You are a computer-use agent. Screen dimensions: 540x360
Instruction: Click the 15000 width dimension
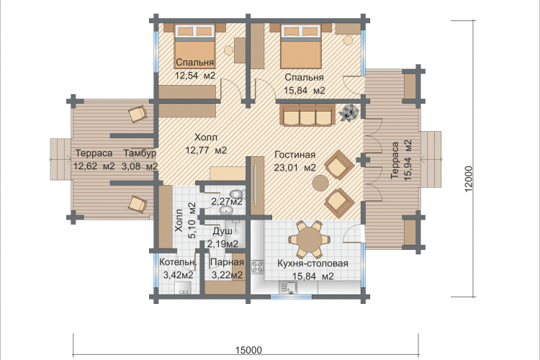click(x=248, y=350)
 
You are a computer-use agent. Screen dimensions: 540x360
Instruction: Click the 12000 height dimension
click(x=469, y=179)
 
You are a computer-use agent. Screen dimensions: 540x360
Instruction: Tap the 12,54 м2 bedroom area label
click(x=195, y=76)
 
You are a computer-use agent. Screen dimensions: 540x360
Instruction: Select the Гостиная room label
click(x=294, y=155)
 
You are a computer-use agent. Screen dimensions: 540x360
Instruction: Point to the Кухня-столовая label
click(x=312, y=264)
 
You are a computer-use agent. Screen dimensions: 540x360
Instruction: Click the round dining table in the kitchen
click(x=310, y=240)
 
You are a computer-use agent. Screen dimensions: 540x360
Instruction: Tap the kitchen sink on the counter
click(x=288, y=288)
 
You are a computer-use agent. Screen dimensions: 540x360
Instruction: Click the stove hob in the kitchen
click(x=257, y=266)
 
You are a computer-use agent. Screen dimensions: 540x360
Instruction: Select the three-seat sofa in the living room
click(x=309, y=115)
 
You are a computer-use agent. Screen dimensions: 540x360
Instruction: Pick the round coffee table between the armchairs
click(x=320, y=183)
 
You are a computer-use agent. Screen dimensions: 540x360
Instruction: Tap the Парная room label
click(x=227, y=263)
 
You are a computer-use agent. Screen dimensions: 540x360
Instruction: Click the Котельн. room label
click(x=178, y=263)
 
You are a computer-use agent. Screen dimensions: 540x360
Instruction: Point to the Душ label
click(x=222, y=232)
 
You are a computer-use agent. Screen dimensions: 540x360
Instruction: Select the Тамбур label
click(x=140, y=153)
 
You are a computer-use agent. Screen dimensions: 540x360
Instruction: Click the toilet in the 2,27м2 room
click(x=237, y=193)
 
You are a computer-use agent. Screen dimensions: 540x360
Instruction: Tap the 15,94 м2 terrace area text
click(x=408, y=160)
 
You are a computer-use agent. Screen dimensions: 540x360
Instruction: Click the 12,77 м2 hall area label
click(x=206, y=150)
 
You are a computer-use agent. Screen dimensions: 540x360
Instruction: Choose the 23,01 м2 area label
click(x=294, y=168)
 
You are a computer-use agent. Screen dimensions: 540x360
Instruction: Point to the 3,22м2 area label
click(x=227, y=275)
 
